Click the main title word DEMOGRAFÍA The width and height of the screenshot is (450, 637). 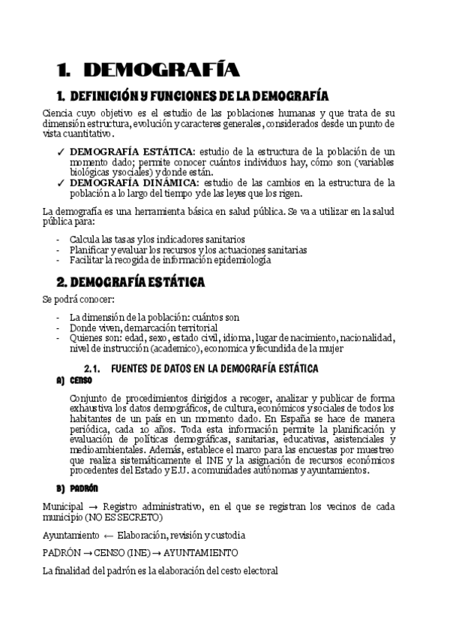tap(161, 71)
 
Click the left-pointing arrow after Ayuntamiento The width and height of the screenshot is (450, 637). tap(109, 535)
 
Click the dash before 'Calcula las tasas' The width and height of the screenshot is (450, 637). tap(58, 240)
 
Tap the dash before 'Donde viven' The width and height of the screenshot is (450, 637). tap(58, 328)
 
